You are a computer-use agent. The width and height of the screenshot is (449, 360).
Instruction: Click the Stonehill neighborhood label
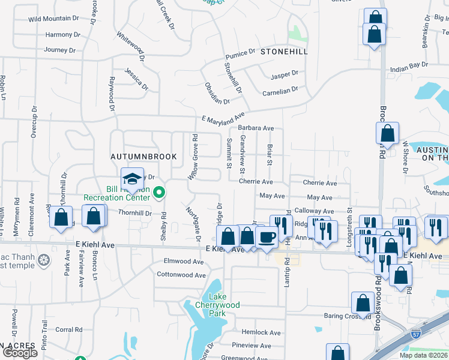[284, 52]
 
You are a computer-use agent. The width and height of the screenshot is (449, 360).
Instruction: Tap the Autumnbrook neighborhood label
[144, 156]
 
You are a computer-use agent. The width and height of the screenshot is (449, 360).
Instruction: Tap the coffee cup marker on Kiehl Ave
[267, 236]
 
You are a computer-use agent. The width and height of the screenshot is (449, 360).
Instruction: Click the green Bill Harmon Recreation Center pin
[159, 193]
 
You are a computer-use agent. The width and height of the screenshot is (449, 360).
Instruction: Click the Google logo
[20, 353]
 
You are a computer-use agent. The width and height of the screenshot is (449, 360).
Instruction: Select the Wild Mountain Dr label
[53, 19]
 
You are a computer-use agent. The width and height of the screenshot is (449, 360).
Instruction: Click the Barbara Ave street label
[256, 128]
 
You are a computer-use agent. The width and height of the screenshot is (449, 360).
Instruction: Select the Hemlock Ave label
[258, 332]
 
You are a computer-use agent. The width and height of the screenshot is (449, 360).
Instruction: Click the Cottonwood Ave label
[181, 275]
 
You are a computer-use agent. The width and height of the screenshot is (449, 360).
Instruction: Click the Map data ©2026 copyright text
[423, 355]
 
